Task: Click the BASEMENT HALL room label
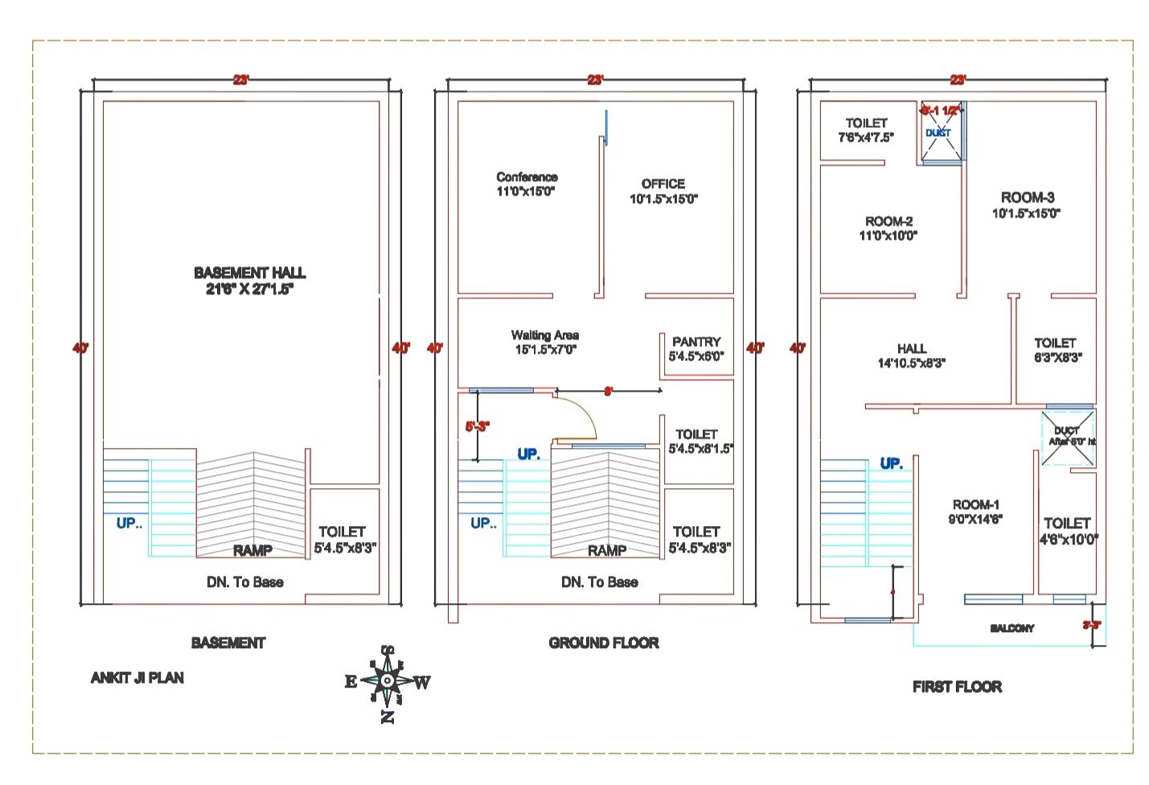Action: pyautogui.click(x=249, y=273)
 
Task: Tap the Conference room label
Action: pyautogui.click(x=527, y=177)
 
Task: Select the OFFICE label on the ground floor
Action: pyautogui.click(x=663, y=184)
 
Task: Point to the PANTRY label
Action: pyautogui.click(x=696, y=342)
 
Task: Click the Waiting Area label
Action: pyautogui.click(x=545, y=335)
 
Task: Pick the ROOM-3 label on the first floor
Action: pyautogui.click(x=1027, y=198)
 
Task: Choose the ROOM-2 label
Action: pyautogui.click(x=888, y=221)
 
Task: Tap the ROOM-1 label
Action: pyautogui.click(x=975, y=505)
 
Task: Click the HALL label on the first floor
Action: pyautogui.click(x=911, y=348)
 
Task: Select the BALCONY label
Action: pyautogui.click(x=1012, y=628)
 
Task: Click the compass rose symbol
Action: pyautogui.click(x=388, y=681)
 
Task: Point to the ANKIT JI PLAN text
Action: pyautogui.click(x=137, y=678)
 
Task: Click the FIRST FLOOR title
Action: pyautogui.click(x=957, y=687)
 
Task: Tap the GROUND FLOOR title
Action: pyautogui.click(x=604, y=643)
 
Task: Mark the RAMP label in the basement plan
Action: pyautogui.click(x=252, y=550)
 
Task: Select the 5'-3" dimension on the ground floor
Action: pyautogui.click(x=477, y=427)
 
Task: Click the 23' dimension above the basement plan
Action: pyautogui.click(x=241, y=80)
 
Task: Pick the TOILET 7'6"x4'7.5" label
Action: pyautogui.click(x=866, y=123)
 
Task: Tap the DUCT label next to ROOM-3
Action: pyautogui.click(x=938, y=133)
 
